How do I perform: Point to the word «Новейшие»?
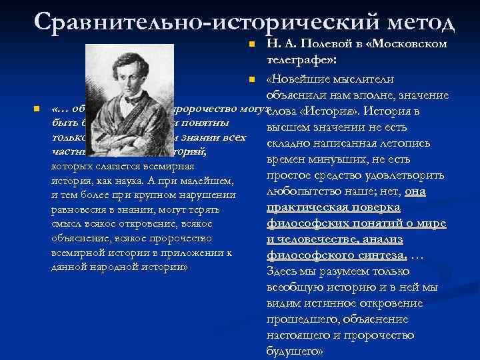click(x=299, y=81)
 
